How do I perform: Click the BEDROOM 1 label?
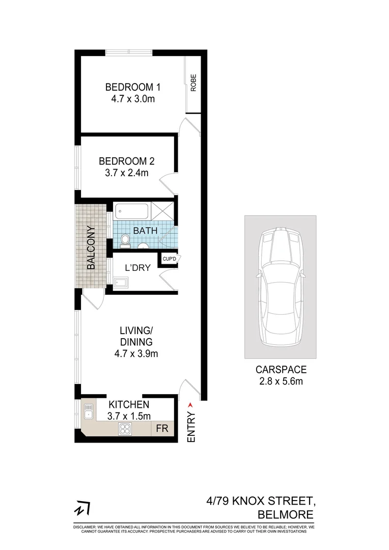tap(129, 86)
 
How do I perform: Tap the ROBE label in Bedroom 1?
tap(193, 83)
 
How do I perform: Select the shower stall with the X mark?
tap(162, 210)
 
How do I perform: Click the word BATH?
tap(145, 231)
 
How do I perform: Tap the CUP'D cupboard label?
tap(169, 259)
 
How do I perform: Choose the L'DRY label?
tap(138, 267)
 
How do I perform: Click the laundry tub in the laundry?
tap(121, 282)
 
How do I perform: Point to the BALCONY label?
tap(91, 247)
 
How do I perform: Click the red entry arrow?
tap(191, 405)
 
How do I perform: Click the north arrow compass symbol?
tap(82, 509)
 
